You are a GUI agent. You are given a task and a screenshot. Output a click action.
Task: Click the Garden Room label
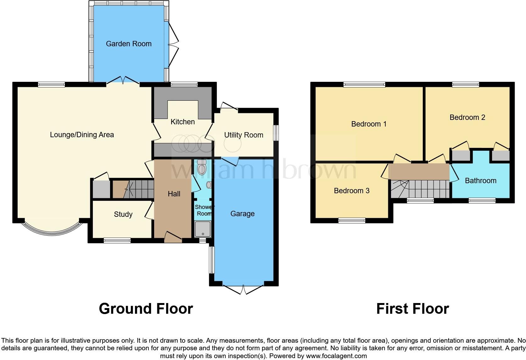click(129, 44)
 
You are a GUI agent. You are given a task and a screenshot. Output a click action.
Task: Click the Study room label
click(123, 214)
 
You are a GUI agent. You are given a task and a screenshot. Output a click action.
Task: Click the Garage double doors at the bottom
click(243, 289)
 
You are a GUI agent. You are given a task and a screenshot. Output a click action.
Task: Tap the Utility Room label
click(243, 135)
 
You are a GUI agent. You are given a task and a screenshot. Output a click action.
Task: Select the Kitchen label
click(182, 122)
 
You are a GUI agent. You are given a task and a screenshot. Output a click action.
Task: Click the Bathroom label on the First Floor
click(480, 181)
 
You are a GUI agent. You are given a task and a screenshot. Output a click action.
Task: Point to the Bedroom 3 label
click(351, 191)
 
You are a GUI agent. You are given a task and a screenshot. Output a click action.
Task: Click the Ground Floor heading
click(146, 309)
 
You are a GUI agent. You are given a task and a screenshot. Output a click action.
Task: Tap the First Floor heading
click(412, 309)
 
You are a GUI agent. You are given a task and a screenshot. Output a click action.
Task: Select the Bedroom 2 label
click(467, 117)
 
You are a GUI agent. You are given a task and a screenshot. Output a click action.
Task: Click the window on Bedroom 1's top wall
click(364, 84)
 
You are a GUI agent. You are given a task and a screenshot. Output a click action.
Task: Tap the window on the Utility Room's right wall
click(276, 133)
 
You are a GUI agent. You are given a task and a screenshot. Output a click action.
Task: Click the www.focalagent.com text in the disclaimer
click(336, 356)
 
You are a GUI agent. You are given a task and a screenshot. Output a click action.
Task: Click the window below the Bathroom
click(482, 200)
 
